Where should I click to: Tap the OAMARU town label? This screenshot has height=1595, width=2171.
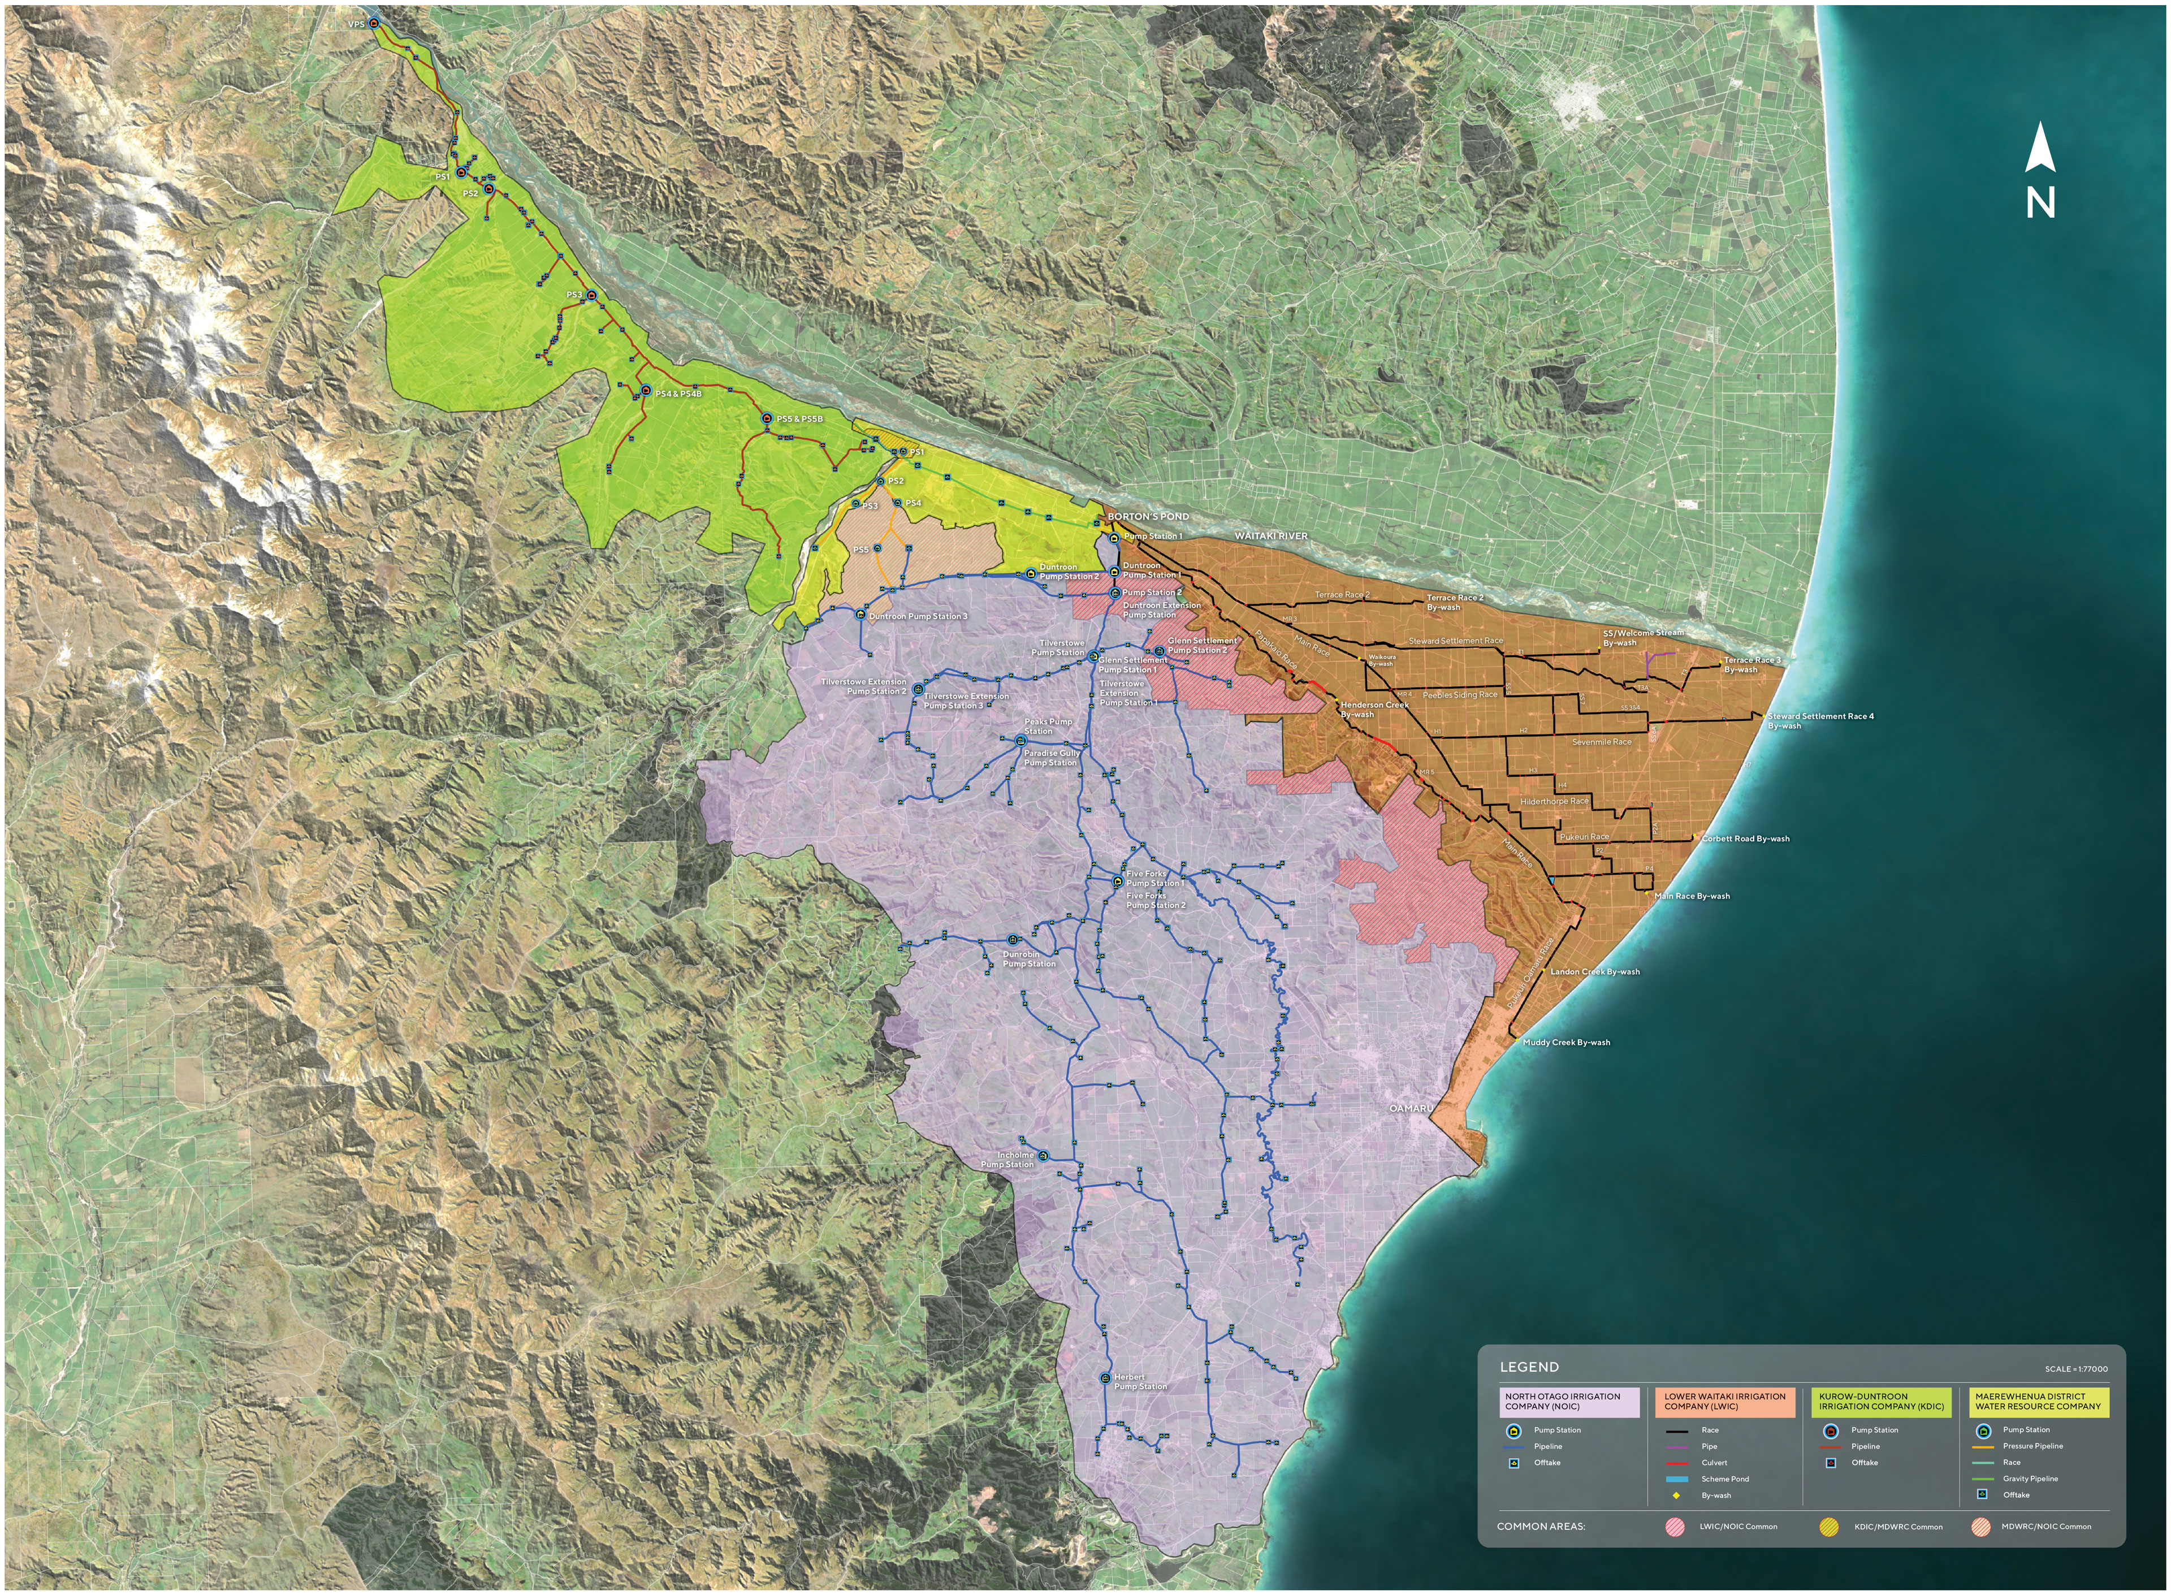1411,1108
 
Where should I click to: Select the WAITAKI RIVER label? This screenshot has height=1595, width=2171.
1272,536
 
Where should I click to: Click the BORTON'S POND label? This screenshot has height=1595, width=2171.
1148,517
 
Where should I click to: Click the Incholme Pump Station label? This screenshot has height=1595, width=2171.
1009,1160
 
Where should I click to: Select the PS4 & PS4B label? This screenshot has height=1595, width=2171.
678,394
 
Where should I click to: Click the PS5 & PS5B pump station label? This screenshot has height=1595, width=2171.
799,419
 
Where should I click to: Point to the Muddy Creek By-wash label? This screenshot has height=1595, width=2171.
1565,1043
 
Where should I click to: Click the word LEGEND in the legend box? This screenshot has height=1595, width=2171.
1529,1367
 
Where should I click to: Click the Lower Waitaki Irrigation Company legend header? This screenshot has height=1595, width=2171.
1724,1401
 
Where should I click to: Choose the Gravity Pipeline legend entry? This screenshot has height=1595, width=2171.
2030,1478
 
